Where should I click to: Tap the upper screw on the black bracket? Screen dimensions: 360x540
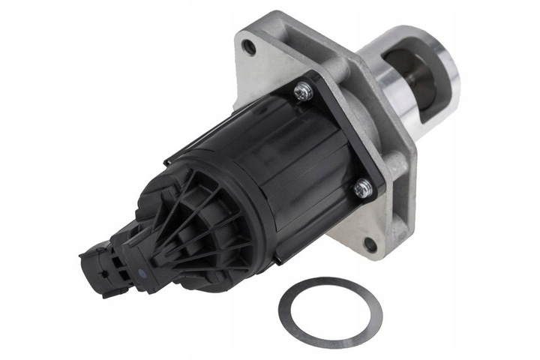pos(302,92)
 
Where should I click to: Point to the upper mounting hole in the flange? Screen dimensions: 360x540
pos(250,49)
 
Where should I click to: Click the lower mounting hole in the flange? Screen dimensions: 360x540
pos(370,244)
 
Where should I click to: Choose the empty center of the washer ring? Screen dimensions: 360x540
pos(330,312)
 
